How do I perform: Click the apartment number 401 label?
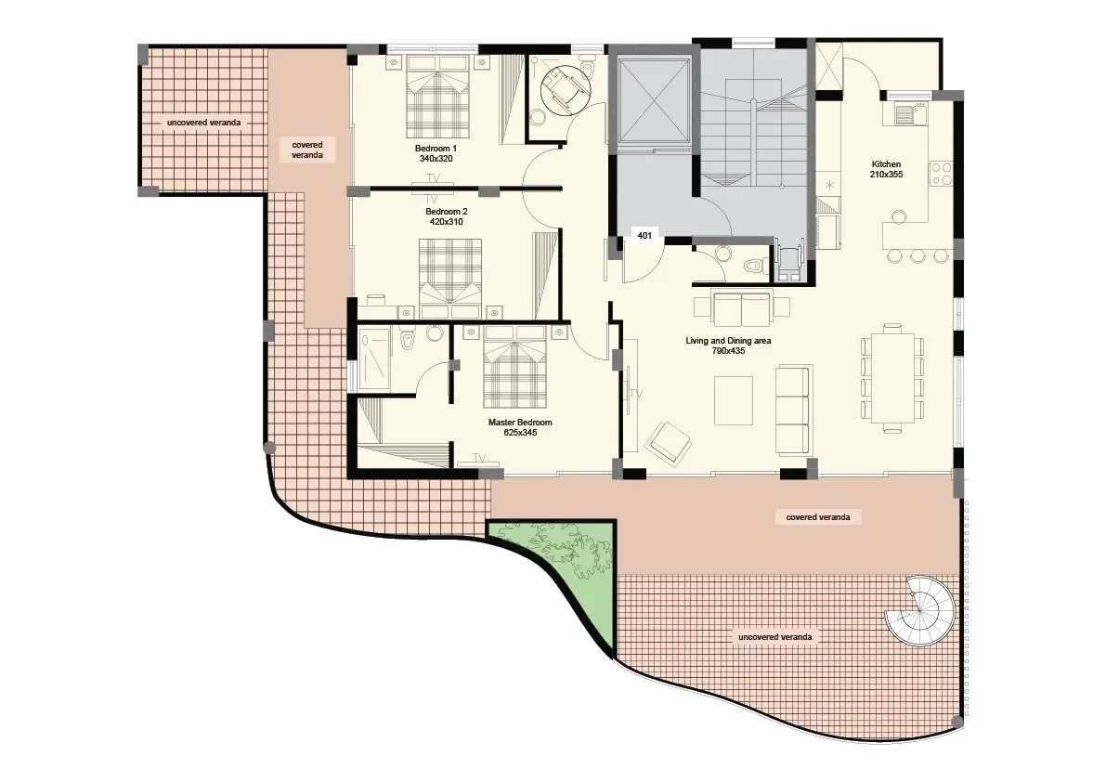click(x=644, y=236)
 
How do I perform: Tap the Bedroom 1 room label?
click(x=436, y=149)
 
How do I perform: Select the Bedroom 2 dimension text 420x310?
click(x=447, y=221)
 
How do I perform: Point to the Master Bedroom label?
click(x=520, y=423)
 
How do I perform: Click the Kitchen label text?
click(x=886, y=164)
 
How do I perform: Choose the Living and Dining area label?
click(x=728, y=341)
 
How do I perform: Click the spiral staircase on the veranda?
click(x=920, y=611)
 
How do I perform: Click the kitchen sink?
click(x=910, y=113)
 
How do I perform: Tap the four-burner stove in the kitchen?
click(x=941, y=174)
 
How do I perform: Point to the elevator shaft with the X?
click(x=652, y=100)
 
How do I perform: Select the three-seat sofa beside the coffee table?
click(x=792, y=411)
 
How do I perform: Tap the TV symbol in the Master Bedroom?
click(x=480, y=459)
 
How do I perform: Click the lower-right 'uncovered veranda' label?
click(x=774, y=637)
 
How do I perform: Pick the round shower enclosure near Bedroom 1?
click(x=565, y=88)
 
